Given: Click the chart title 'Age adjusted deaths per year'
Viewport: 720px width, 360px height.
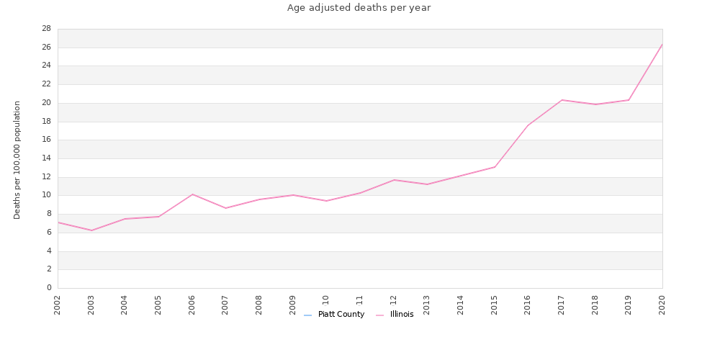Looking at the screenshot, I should [359, 8].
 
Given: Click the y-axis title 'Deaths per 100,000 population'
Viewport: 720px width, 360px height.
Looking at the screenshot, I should [17, 160].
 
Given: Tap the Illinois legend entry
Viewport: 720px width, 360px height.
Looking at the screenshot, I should [401, 315].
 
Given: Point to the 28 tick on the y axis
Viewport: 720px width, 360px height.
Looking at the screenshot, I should [46, 29].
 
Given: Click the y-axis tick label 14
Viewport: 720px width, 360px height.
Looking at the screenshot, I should [46, 158].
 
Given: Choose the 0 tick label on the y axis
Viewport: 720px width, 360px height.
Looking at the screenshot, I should [49, 288].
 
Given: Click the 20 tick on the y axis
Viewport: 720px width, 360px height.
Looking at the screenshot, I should [46, 103].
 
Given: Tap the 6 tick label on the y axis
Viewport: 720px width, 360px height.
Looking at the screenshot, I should [49, 233].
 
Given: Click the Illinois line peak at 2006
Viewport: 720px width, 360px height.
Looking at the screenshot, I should [192, 194].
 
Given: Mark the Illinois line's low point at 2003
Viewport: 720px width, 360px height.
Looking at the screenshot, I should [91, 230].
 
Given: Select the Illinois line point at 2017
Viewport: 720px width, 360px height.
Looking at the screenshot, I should [562, 100].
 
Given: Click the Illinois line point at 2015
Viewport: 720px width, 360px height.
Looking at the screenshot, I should [495, 167].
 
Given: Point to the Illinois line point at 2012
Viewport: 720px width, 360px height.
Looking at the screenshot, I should [394, 180].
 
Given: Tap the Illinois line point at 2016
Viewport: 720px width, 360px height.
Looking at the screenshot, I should [528, 125].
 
